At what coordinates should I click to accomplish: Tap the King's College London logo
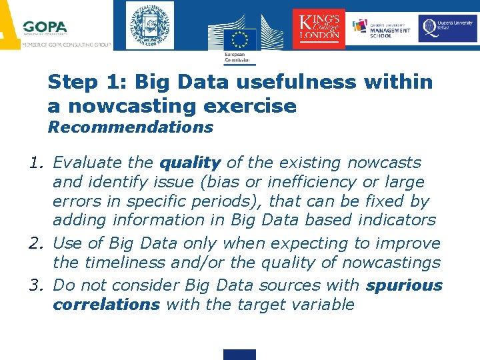(319, 28)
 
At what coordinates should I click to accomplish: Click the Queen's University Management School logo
(381, 28)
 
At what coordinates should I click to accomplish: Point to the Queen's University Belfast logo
(447, 28)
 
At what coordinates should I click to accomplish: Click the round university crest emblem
(149, 25)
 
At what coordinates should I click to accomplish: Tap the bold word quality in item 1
(190, 163)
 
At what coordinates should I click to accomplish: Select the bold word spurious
(404, 285)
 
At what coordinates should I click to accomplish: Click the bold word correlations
(106, 305)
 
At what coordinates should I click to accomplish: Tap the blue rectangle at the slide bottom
(239, 355)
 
